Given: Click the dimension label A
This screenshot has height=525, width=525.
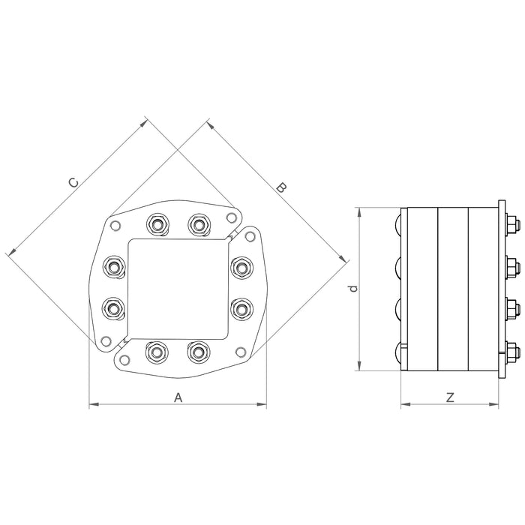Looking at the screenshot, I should (x=178, y=398).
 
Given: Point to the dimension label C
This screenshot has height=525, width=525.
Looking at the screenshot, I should (x=73, y=181).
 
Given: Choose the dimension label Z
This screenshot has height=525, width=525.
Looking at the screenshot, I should (x=450, y=398).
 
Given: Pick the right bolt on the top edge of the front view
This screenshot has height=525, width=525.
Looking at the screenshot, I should (x=198, y=223).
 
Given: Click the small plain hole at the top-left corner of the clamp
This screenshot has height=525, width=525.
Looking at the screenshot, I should (x=115, y=226).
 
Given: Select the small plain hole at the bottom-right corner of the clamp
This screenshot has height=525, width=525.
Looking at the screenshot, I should (x=240, y=351).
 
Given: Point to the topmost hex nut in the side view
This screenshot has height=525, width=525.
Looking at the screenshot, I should (x=510, y=224).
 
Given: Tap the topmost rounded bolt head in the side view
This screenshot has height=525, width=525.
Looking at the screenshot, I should (x=397, y=224).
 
